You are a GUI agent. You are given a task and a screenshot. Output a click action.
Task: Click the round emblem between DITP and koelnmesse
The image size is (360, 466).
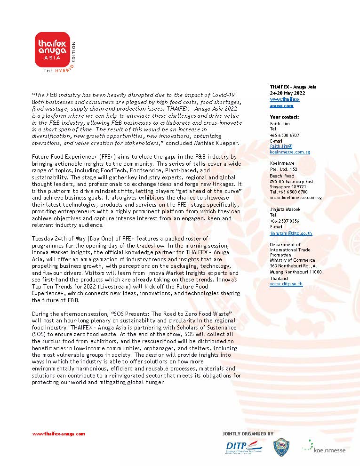click(x=281, y=448)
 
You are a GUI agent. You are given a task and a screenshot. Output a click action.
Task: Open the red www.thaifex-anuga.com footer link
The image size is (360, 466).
click(x=58, y=434)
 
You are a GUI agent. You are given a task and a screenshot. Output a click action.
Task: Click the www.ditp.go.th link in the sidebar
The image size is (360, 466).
click(x=286, y=284)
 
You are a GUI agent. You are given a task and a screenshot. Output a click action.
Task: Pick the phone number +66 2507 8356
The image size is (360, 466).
click(x=284, y=220)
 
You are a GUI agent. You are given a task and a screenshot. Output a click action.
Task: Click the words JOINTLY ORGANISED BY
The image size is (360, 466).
click(x=248, y=434)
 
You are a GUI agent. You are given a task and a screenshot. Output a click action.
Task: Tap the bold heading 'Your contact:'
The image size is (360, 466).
click(x=284, y=117)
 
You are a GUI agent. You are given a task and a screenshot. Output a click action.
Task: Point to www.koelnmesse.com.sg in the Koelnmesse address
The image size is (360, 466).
click(x=296, y=198)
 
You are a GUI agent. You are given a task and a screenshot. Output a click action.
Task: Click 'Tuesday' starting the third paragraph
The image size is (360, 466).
click(x=41, y=239)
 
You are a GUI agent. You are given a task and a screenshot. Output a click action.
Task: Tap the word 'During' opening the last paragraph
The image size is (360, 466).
click(x=40, y=313)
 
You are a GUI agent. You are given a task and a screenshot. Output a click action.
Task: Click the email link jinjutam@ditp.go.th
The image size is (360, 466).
click(x=291, y=233)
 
